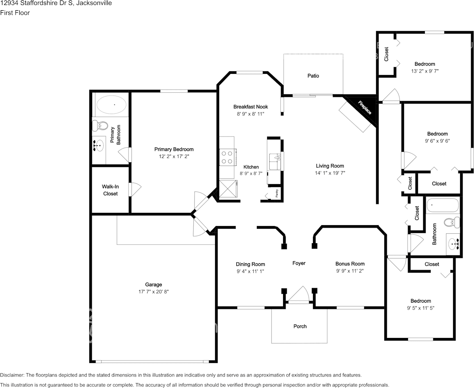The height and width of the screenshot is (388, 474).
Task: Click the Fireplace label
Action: click(365, 107)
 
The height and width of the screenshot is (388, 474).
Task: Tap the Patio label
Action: click(313, 75)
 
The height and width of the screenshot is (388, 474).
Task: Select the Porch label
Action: click(300, 326)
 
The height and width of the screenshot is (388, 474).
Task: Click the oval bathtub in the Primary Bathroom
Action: click(111, 105)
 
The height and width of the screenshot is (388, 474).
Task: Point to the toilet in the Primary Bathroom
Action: click(100, 126)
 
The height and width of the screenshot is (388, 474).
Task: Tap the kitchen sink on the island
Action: click(275, 161)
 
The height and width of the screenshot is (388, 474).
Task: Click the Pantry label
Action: click(277, 194)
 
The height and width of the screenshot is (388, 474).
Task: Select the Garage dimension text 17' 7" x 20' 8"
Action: click(154, 292)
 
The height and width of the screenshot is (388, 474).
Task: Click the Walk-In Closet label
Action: click(110, 190)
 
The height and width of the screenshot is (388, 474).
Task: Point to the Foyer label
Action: click(299, 263)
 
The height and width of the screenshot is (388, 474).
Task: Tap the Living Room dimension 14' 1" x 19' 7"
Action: click(330, 173)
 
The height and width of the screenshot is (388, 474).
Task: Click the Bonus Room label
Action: click(350, 264)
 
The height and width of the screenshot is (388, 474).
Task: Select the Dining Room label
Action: click(250, 264)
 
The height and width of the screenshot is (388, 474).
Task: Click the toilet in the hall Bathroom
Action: click(452, 222)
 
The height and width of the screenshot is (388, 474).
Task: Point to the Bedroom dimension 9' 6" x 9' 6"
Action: click(438, 141)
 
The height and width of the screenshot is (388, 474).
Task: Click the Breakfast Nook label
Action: click(251, 107)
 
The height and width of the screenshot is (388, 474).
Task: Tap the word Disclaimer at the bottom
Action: click(12, 375)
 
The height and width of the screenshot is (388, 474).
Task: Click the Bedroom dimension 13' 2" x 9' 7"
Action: click(425, 71)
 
